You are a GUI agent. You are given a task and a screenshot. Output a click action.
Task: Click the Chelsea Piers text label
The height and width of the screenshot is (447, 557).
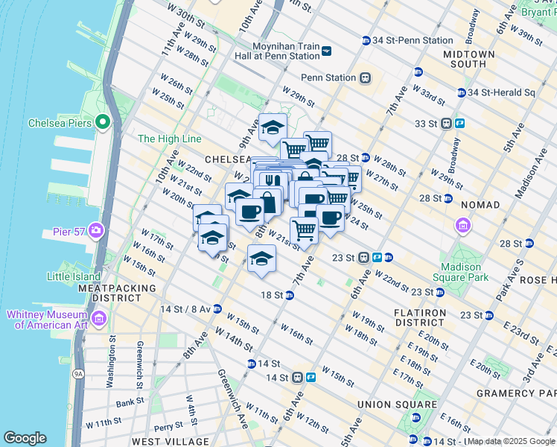60,123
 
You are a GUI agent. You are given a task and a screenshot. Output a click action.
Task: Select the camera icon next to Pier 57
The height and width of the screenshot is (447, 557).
96,229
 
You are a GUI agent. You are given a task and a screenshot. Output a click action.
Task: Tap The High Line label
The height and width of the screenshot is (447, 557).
170,139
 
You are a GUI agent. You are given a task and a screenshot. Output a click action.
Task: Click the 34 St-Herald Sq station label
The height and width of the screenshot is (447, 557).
502,92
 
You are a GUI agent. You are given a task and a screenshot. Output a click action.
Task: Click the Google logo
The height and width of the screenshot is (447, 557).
25,438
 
